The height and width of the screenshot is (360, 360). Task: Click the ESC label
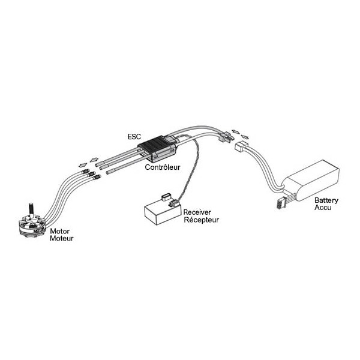[x=134, y=137]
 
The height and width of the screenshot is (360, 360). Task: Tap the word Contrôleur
[x=163, y=167]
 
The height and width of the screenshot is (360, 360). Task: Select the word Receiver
[x=197, y=212]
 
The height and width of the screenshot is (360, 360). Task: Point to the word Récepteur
[x=202, y=220]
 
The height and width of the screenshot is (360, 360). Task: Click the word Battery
[x=326, y=200]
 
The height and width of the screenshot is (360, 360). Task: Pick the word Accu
[x=323, y=208]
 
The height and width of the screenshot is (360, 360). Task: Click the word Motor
[x=59, y=231]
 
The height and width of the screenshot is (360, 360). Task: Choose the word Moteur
[x=62, y=238]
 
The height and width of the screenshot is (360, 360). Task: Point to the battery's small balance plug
[x=280, y=203]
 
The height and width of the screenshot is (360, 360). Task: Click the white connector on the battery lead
[x=241, y=147]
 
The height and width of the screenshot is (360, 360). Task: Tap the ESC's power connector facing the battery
[x=225, y=137]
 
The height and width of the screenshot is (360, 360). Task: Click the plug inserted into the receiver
[x=173, y=203]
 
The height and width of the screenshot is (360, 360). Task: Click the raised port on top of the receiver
[x=166, y=197]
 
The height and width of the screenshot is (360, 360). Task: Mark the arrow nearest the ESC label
[x=94, y=160]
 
